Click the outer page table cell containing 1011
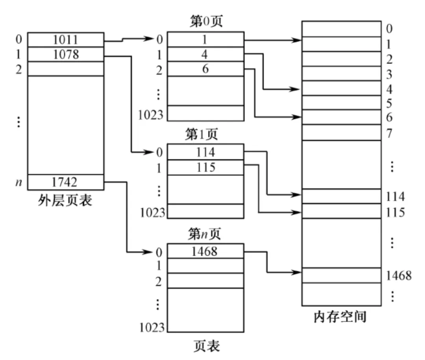(x=66, y=40)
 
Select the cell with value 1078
(x=66, y=54)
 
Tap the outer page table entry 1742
(x=66, y=182)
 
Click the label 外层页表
(x=65, y=200)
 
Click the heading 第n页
(x=204, y=234)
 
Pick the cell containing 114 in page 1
(x=206, y=152)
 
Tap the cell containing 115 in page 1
(x=206, y=167)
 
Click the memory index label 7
(x=389, y=133)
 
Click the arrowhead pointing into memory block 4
(x=297, y=89)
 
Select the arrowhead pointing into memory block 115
(x=297, y=212)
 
